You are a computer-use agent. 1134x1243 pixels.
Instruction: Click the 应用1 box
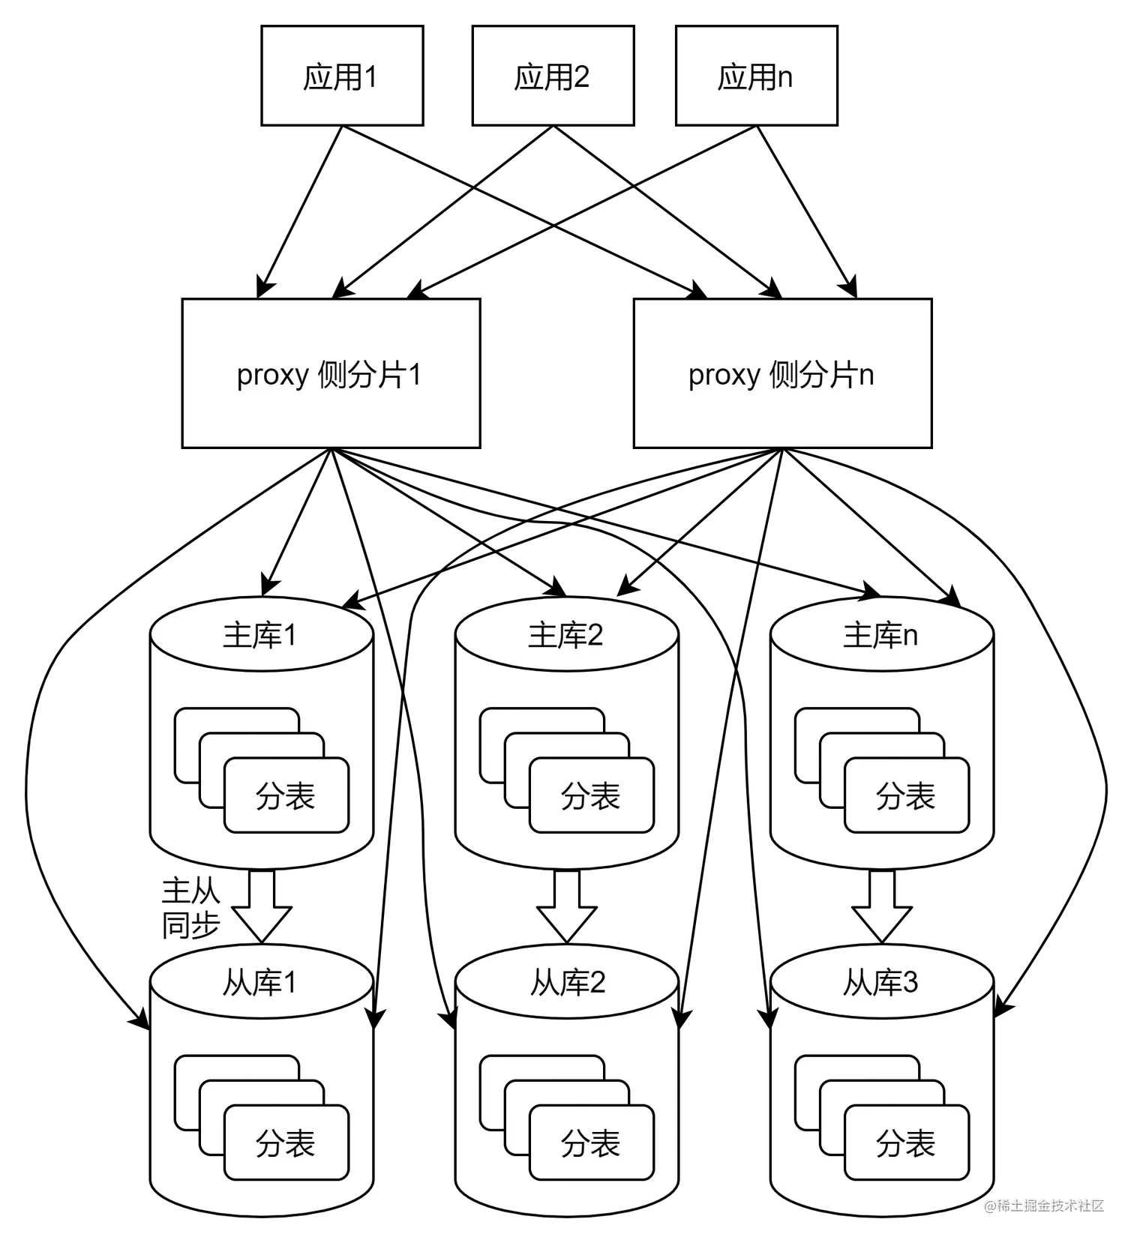[x=342, y=76]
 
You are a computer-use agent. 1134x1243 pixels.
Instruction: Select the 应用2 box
[x=553, y=76]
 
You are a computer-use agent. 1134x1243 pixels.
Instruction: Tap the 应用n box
[x=756, y=76]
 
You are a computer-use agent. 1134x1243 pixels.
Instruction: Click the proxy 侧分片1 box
[x=331, y=373]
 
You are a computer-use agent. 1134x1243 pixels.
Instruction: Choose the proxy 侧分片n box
[x=782, y=373]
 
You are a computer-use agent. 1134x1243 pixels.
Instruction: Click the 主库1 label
[x=260, y=636]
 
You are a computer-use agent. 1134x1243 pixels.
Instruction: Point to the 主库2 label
[x=565, y=636]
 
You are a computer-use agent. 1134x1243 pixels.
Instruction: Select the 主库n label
[x=880, y=636]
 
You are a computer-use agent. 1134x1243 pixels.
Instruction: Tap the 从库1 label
[x=260, y=983]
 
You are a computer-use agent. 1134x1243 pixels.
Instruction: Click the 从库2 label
[x=567, y=983]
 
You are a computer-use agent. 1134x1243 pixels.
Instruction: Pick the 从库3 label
[x=880, y=983]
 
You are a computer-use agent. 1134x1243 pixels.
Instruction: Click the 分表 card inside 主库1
[x=286, y=796]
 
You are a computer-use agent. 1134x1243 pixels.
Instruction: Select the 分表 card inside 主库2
[x=592, y=796]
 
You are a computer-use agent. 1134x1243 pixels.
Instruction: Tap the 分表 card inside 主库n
[x=907, y=796]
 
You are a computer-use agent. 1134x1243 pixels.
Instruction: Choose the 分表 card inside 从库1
[x=286, y=1143]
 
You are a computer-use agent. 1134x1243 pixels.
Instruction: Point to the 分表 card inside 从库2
[x=592, y=1143]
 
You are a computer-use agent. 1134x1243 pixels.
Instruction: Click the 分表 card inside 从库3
[x=907, y=1143]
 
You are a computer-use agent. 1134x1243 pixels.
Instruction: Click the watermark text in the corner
[x=1044, y=1204]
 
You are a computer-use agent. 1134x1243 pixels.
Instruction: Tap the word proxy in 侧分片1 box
[x=272, y=375]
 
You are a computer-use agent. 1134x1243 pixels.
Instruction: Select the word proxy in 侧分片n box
[x=724, y=375]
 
